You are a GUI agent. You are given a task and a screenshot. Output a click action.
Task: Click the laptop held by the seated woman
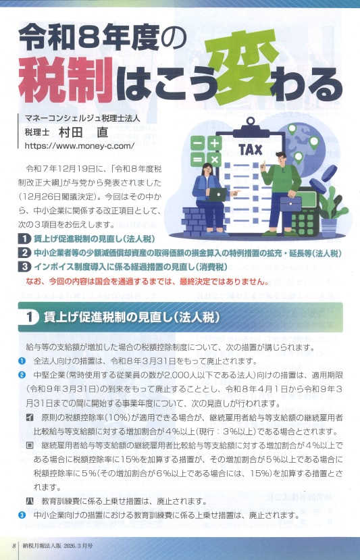click(x=217, y=194)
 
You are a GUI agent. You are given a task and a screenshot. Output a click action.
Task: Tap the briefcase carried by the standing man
click(x=290, y=202)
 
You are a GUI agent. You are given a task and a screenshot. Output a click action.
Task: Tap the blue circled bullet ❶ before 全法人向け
click(x=22, y=361)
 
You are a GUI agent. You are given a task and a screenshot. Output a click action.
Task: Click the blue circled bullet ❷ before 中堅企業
click(x=22, y=375)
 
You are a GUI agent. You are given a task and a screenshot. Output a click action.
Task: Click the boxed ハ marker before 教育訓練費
click(x=30, y=501)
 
